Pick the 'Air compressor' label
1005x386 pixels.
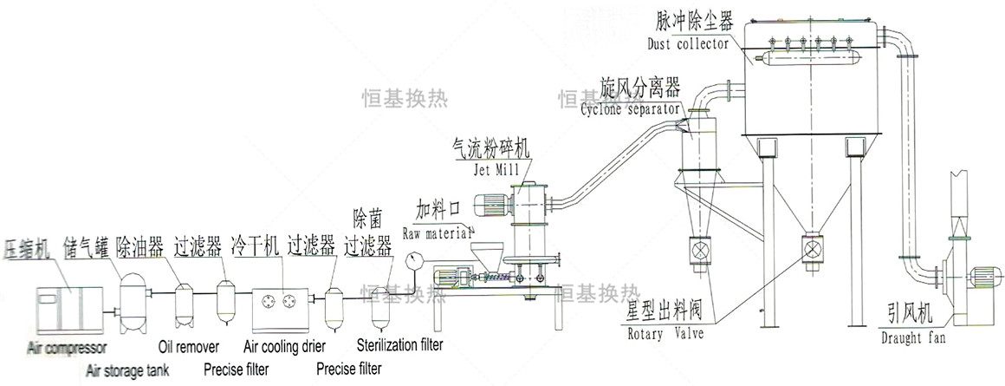point(66,349)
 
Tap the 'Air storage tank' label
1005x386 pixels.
point(127,370)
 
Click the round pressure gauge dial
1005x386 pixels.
point(412,259)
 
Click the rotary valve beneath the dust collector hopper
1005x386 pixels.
point(812,248)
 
